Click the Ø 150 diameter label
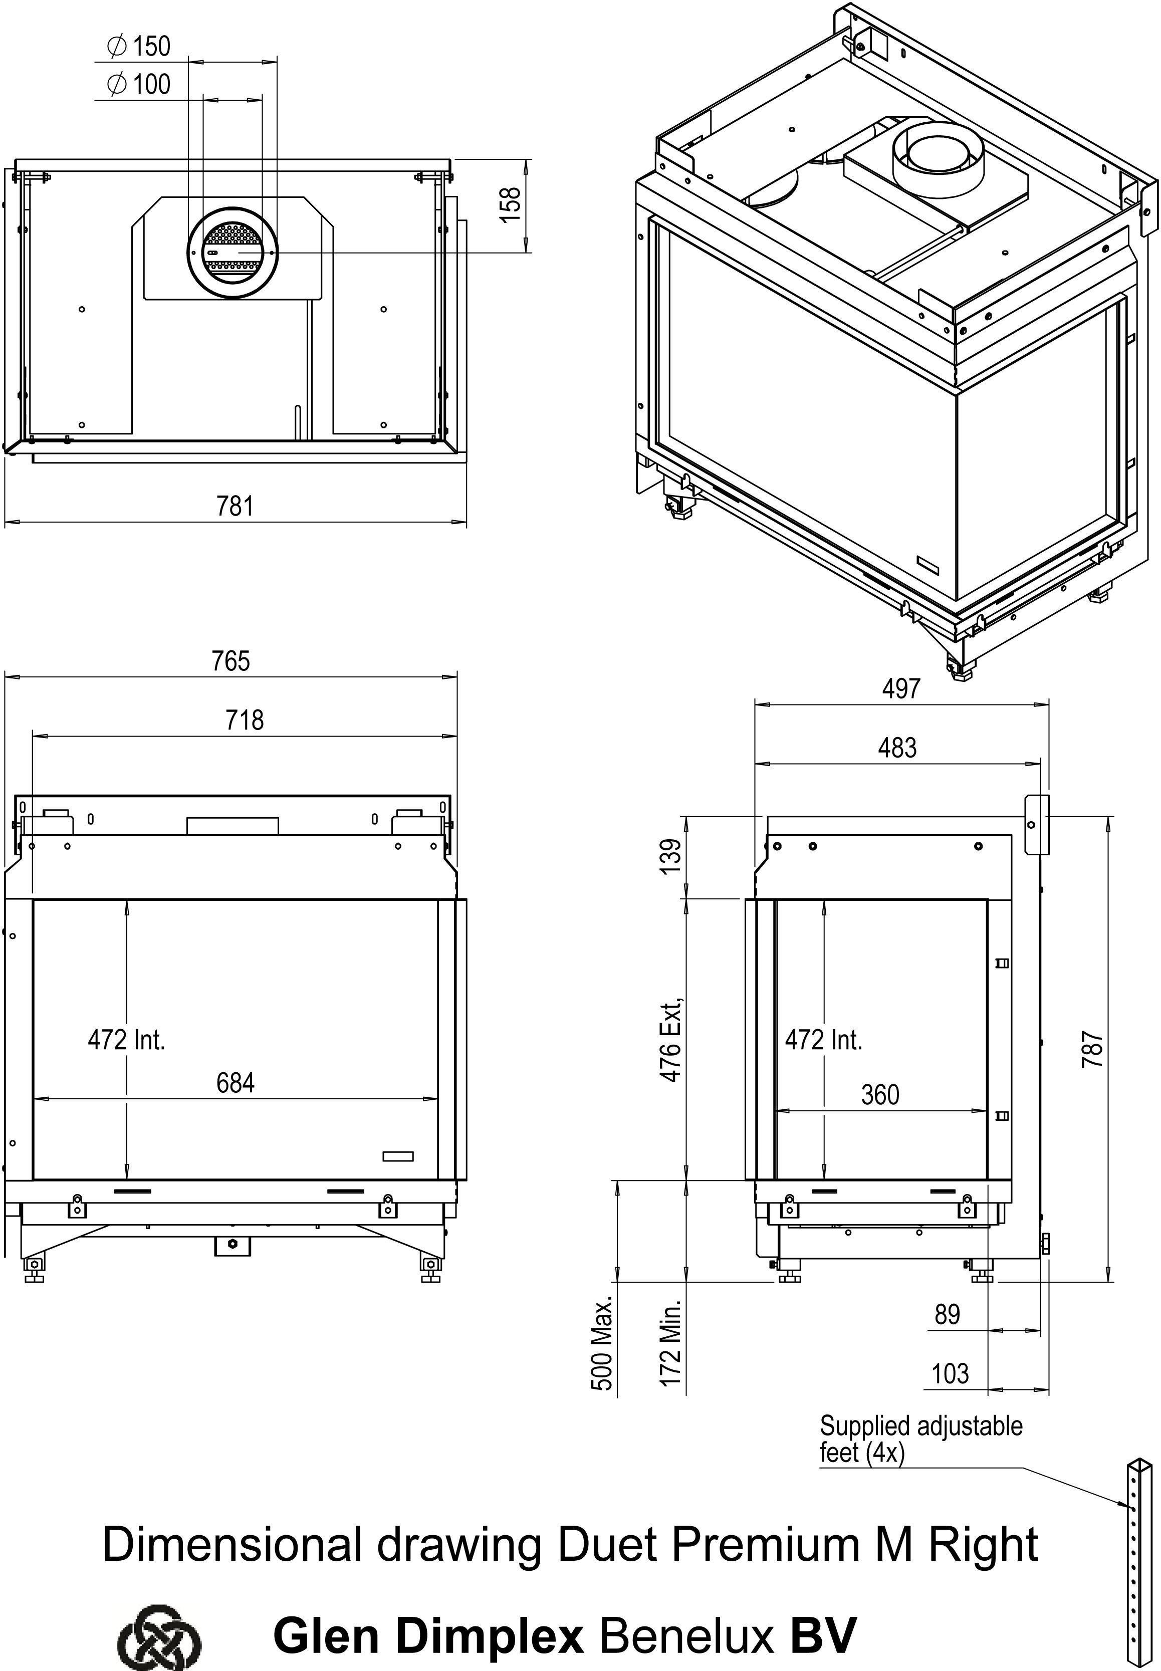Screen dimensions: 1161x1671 pyautogui.click(x=138, y=47)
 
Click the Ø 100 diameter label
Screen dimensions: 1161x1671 pyautogui.click(x=138, y=84)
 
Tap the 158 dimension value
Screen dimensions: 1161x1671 pyautogui.click(x=512, y=200)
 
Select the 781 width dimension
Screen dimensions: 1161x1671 pyautogui.click(x=235, y=506)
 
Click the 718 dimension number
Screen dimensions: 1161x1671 pyautogui.click(x=245, y=720)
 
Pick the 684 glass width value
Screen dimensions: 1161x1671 pyautogui.click(x=236, y=1082)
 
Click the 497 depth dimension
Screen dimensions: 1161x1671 pyautogui.click(x=901, y=688)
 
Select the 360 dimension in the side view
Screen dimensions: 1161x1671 pyautogui.click(x=880, y=1094)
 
